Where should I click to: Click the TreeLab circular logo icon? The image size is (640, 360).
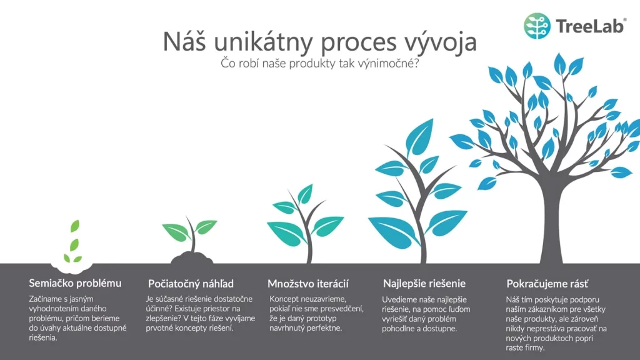[537, 26]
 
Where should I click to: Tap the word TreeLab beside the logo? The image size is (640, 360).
[591, 26]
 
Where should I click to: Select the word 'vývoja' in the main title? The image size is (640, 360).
[440, 42]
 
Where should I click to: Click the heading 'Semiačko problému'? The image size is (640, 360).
[75, 283]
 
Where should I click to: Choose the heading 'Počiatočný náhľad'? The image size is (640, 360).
[191, 283]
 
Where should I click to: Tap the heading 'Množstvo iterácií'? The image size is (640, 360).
[308, 283]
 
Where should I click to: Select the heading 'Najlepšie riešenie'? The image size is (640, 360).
[424, 283]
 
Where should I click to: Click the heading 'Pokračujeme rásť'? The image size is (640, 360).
[547, 283]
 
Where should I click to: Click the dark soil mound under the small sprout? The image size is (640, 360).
[192, 258]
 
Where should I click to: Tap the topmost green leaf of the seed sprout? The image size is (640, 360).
[75, 226]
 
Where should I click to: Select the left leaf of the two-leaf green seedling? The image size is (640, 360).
[176, 231]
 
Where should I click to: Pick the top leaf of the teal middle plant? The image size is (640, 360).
[305, 194]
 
